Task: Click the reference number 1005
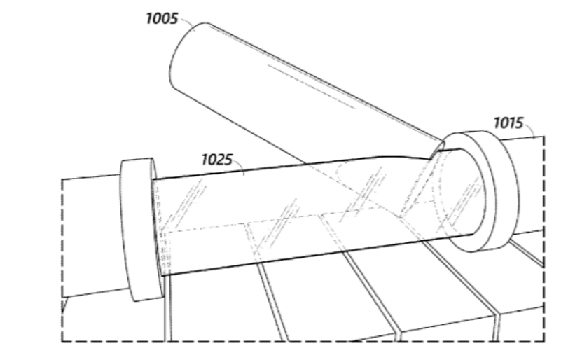pyautogui.click(x=162, y=19)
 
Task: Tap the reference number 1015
pyautogui.click(x=508, y=123)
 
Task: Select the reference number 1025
pyautogui.click(x=217, y=160)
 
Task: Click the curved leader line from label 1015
pyautogui.click(x=530, y=130)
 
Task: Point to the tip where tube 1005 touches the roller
pyautogui.click(x=431, y=158)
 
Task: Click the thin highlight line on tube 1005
pyautogui.click(x=311, y=86)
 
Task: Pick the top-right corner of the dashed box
pyautogui.click(x=544, y=137)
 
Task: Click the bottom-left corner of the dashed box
pyautogui.click(x=62, y=341)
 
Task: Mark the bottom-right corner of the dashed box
pyautogui.click(x=544, y=341)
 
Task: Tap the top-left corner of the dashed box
pyautogui.click(x=62, y=179)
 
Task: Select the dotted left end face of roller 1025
pyautogui.click(x=160, y=227)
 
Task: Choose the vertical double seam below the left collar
pyautogui.click(x=167, y=308)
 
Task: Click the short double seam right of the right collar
pyautogui.click(x=527, y=253)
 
